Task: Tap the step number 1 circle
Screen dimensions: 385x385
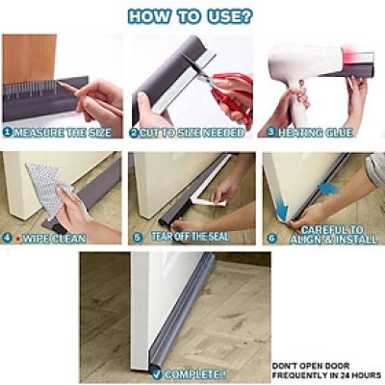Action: click(x=8, y=131)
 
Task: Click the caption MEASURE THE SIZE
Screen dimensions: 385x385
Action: click(x=66, y=132)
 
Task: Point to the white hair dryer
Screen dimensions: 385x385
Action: click(x=295, y=72)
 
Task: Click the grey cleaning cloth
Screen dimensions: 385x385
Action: click(x=42, y=184)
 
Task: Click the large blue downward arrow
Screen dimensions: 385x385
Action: click(x=280, y=207)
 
